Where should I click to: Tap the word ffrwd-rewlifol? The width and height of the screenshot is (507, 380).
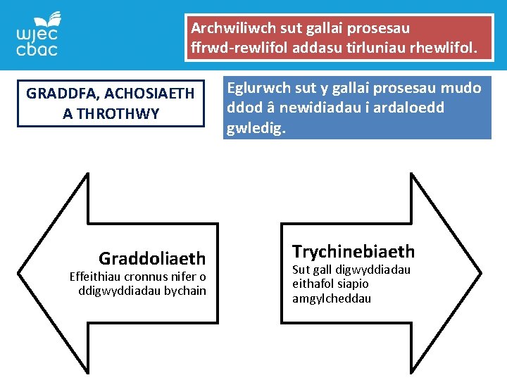235,49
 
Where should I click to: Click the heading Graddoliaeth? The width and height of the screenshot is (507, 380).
152,258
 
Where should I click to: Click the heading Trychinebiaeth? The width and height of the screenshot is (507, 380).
353,251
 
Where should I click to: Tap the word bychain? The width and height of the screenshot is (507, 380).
184,291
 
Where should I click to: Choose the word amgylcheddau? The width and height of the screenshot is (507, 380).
332,298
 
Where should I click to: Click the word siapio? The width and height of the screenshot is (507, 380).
356,284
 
